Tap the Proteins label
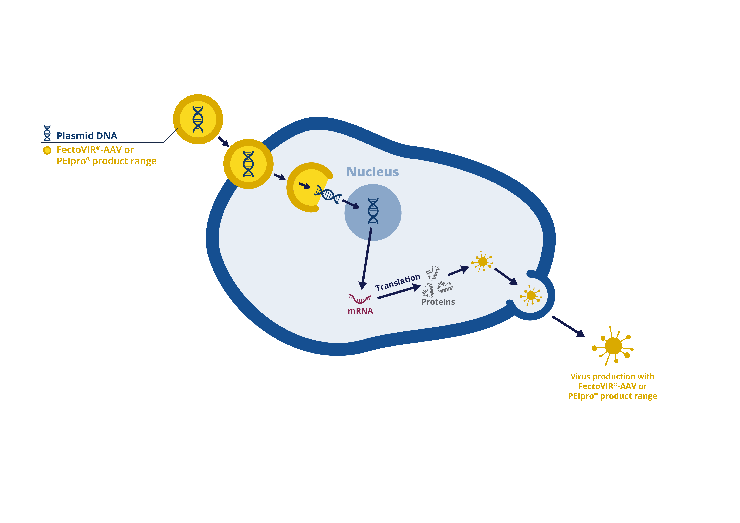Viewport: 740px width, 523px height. coord(438,302)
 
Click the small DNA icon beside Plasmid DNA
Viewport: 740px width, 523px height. coord(47,133)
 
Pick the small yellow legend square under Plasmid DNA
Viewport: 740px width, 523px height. coord(47,150)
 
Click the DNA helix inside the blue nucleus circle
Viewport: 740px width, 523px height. coord(373,211)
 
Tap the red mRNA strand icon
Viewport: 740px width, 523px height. coord(360,299)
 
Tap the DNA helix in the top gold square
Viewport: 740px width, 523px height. coord(198,119)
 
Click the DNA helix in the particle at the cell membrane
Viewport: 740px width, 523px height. coord(248,164)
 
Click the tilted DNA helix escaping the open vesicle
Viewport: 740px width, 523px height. coord(328,194)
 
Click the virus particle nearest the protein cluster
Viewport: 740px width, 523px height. coord(482,261)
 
